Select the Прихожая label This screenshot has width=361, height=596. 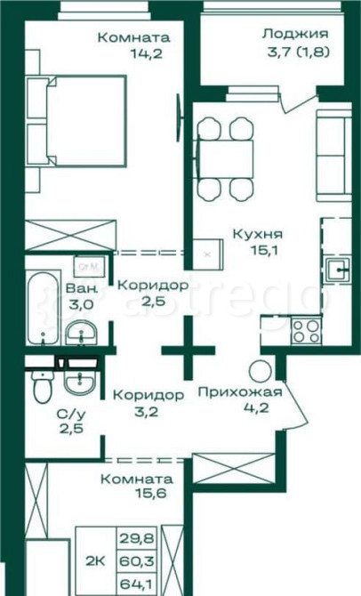(240, 392)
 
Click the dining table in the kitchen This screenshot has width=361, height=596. (227, 158)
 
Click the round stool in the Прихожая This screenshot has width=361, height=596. (260, 371)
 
